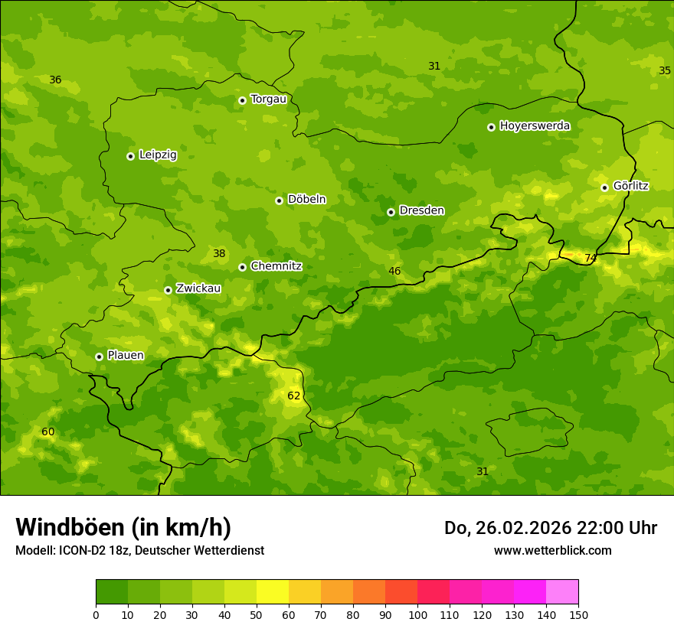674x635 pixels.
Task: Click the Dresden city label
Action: [x=421, y=210]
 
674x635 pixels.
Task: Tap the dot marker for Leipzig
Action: [x=130, y=156]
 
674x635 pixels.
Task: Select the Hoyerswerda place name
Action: [x=535, y=125]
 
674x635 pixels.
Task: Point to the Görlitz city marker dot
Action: [x=604, y=187]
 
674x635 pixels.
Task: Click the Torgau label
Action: [x=268, y=99]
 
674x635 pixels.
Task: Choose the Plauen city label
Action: [x=126, y=355]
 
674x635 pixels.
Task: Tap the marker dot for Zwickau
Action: [x=168, y=290]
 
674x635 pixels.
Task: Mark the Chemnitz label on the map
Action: [x=276, y=266]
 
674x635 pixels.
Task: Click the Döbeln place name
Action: [x=306, y=199]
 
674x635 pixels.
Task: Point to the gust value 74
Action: [x=591, y=258]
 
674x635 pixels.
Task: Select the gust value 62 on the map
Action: [x=294, y=396]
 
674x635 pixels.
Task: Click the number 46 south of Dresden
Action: [x=394, y=271]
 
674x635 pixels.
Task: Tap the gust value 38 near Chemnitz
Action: [x=219, y=253]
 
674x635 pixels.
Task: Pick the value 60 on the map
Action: [x=48, y=431]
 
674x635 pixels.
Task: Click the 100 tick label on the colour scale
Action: [x=417, y=614]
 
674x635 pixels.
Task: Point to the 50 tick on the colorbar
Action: [x=257, y=614]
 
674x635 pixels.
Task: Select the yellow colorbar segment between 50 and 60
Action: [x=273, y=592]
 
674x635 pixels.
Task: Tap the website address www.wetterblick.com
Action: [x=552, y=550]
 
